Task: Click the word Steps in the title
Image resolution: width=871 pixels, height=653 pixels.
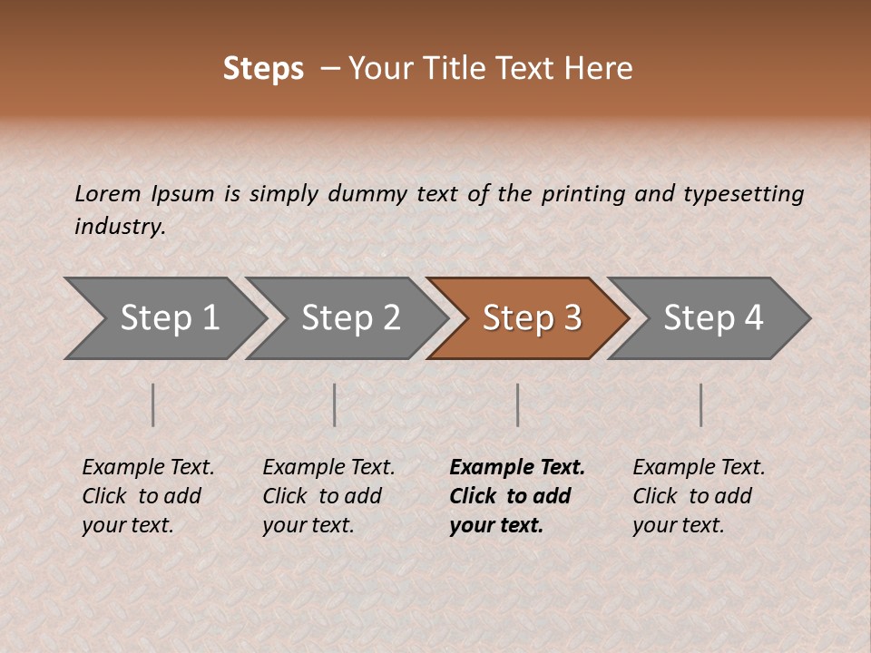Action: coord(263,69)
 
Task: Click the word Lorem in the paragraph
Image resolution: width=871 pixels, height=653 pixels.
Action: coord(107,193)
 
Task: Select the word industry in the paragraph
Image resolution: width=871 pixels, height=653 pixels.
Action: coord(119,226)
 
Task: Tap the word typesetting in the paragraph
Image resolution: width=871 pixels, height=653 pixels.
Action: coord(743,194)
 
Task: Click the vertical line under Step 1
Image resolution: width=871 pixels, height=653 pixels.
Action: coord(153,404)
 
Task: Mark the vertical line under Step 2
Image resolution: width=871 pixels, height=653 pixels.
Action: coord(335,404)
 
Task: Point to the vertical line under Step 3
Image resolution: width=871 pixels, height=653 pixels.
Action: coord(517,404)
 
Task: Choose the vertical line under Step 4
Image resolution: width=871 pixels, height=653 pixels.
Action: coord(700,404)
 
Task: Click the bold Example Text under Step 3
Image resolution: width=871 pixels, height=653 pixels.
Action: coord(517,468)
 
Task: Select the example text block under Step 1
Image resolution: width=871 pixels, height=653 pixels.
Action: coord(147,496)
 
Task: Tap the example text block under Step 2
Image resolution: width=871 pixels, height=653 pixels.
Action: coord(328,496)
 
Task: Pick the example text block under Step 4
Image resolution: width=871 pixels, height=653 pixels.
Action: coord(698,496)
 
